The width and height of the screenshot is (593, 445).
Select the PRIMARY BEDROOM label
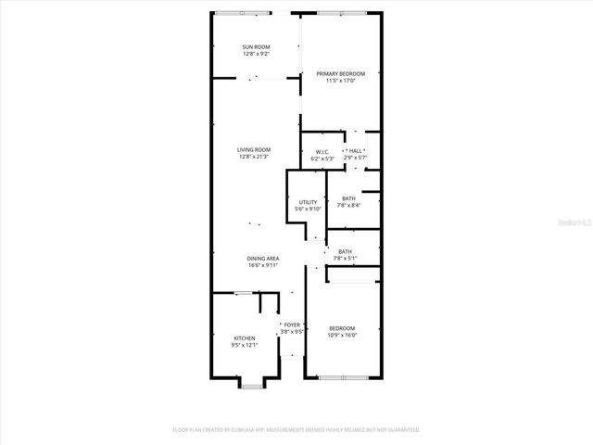[x=340, y=73]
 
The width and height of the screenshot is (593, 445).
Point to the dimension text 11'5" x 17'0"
[x=340, y=81]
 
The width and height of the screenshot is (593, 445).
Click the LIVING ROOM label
[x=253, y=149]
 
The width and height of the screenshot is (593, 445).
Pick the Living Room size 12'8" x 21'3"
[x=253, y=157]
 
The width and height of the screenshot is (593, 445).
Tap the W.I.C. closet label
[x=322, y=152]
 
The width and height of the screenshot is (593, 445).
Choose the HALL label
[x=357, y=152]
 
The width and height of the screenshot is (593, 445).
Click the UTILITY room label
[x=308, y=202]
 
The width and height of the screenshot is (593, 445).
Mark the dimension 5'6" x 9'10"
[x=308, y=210]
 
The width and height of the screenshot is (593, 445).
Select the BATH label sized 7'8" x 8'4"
[x=348, y=198]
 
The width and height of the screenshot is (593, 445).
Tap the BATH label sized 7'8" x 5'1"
[x=345, y=251]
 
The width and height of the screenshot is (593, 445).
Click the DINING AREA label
[x=263, y=259]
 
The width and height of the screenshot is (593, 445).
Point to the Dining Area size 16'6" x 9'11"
[x=263, y=266]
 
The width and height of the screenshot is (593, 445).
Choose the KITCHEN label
[x=245, y=337]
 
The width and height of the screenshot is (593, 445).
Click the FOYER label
[x=292, y=324]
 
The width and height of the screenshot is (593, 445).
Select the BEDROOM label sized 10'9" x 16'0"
[x=342, y=328]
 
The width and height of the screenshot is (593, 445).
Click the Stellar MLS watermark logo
[x=574, y=222]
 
